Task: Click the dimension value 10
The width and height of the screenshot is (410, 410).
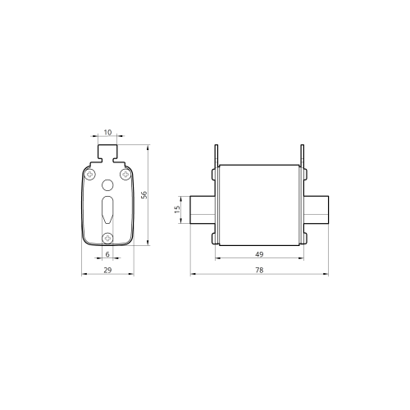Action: (107, 132)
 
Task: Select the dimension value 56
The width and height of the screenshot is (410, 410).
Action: (143, 195)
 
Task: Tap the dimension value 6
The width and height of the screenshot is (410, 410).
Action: (107, 254)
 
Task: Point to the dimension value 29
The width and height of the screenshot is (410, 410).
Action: (107, 270)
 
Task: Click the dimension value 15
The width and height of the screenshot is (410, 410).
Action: (177, 210)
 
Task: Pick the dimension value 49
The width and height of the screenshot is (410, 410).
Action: (259, 254)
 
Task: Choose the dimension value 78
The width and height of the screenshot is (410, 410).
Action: (259, 270)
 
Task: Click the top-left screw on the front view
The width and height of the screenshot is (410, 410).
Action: (89, 174)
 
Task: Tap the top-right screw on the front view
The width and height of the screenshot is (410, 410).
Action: (125, 174)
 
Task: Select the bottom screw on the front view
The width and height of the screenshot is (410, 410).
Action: (107, 238)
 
